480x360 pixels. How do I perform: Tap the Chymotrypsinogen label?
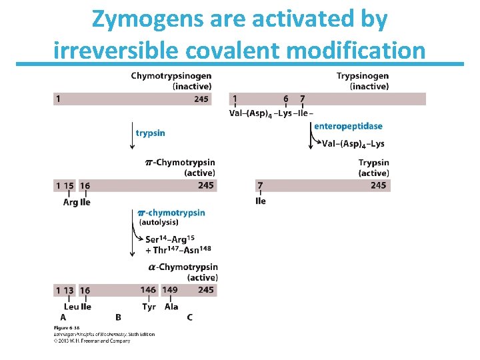pos(171,76)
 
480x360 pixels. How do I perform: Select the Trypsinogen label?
pos(363,76)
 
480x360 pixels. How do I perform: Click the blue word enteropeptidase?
pos(348,127)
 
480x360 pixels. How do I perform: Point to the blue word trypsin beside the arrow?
pos(151,133)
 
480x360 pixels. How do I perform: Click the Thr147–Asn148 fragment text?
pos(178,251)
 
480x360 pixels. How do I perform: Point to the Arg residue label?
pos(70,202)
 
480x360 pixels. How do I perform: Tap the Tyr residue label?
pos(149,307)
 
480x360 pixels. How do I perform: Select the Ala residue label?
pos(171,307)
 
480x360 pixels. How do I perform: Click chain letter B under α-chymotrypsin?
pos(118,317)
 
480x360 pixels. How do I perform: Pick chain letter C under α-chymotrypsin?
pos(190,317)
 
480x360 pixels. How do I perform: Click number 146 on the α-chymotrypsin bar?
pos(149,290)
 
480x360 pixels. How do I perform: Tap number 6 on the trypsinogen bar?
pos(286,99)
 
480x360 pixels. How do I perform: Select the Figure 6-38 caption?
pos(67,329)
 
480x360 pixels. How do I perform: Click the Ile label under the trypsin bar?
pos(261,201)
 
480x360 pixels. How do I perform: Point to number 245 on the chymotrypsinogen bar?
pos(201,99)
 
